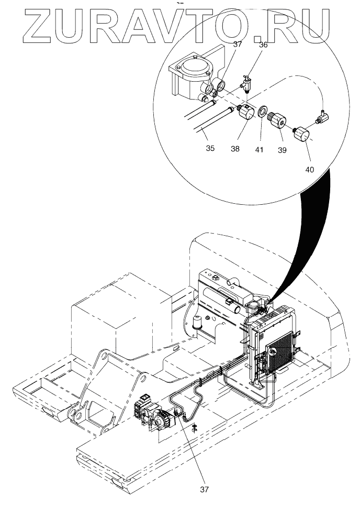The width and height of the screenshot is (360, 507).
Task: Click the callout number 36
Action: [263, 45]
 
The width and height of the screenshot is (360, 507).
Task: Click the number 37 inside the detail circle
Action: [238, 45]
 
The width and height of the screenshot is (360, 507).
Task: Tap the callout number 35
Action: [210, 148]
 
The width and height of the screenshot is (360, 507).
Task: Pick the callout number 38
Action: [234, 149]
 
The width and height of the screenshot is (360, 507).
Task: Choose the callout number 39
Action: [282, 149]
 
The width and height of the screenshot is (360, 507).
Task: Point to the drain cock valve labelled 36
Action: [246, 83]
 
